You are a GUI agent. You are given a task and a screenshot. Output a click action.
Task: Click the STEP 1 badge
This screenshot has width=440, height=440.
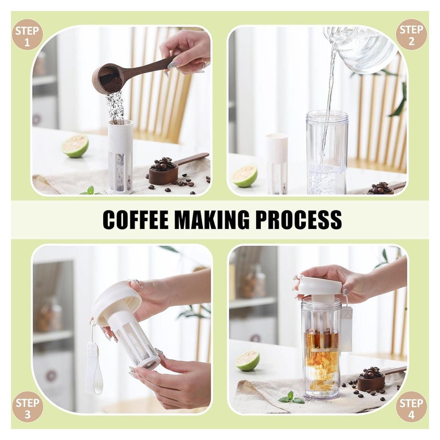pos(27,35)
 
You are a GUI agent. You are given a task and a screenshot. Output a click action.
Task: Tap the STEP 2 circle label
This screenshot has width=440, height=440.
pos(411,35)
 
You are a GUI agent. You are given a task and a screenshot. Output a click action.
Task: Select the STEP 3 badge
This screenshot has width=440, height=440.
pos(27,407)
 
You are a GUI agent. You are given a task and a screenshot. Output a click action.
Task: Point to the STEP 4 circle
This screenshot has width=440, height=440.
pos(411,407)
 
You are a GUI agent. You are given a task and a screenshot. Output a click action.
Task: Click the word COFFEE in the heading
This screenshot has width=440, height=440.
pos(136,219)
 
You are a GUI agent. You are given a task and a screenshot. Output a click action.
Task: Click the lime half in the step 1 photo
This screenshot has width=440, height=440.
pos(75,146)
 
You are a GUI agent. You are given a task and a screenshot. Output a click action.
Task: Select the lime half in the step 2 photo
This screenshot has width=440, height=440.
pos(244,175)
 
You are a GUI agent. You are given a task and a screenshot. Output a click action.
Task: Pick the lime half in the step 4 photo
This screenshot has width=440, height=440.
pos(247,360)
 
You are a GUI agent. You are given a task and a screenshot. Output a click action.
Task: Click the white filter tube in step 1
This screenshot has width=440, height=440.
pos(120,156)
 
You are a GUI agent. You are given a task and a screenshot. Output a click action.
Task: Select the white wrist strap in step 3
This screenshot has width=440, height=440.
pos(94,365)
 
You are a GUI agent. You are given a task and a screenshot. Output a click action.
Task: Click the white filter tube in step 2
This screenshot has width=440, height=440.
pos(277,163)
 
